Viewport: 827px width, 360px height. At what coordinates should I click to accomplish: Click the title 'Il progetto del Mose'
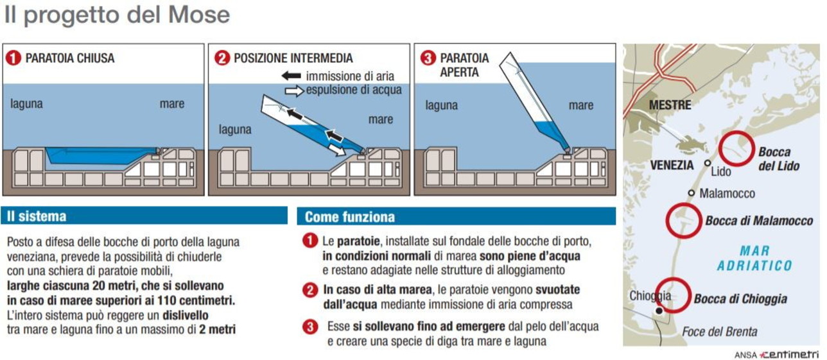coord(117,15)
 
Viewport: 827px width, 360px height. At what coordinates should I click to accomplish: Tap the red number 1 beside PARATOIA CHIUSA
coord(13,58)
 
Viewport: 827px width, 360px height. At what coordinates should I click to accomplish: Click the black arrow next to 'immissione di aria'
coord(292,76)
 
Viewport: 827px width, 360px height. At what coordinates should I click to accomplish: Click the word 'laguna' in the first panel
coord(26,103)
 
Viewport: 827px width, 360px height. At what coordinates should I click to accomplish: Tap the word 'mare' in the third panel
coord(581,105)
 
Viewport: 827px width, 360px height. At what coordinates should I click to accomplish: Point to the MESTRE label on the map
coord(670,105)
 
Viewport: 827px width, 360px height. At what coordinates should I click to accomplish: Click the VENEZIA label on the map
coord(672,165)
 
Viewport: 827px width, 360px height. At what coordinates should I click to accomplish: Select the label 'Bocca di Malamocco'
coord(759,221)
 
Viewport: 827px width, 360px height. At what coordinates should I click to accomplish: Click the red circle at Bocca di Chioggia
coord(672,295)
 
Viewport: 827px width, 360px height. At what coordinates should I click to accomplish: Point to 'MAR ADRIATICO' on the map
coord(754,258)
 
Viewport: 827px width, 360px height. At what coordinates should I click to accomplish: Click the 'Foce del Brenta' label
coord(719,332)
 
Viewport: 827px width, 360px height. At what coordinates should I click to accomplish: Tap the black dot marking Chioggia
coord(657,311)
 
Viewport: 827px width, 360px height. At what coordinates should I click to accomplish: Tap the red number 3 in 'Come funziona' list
coord(310,327)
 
